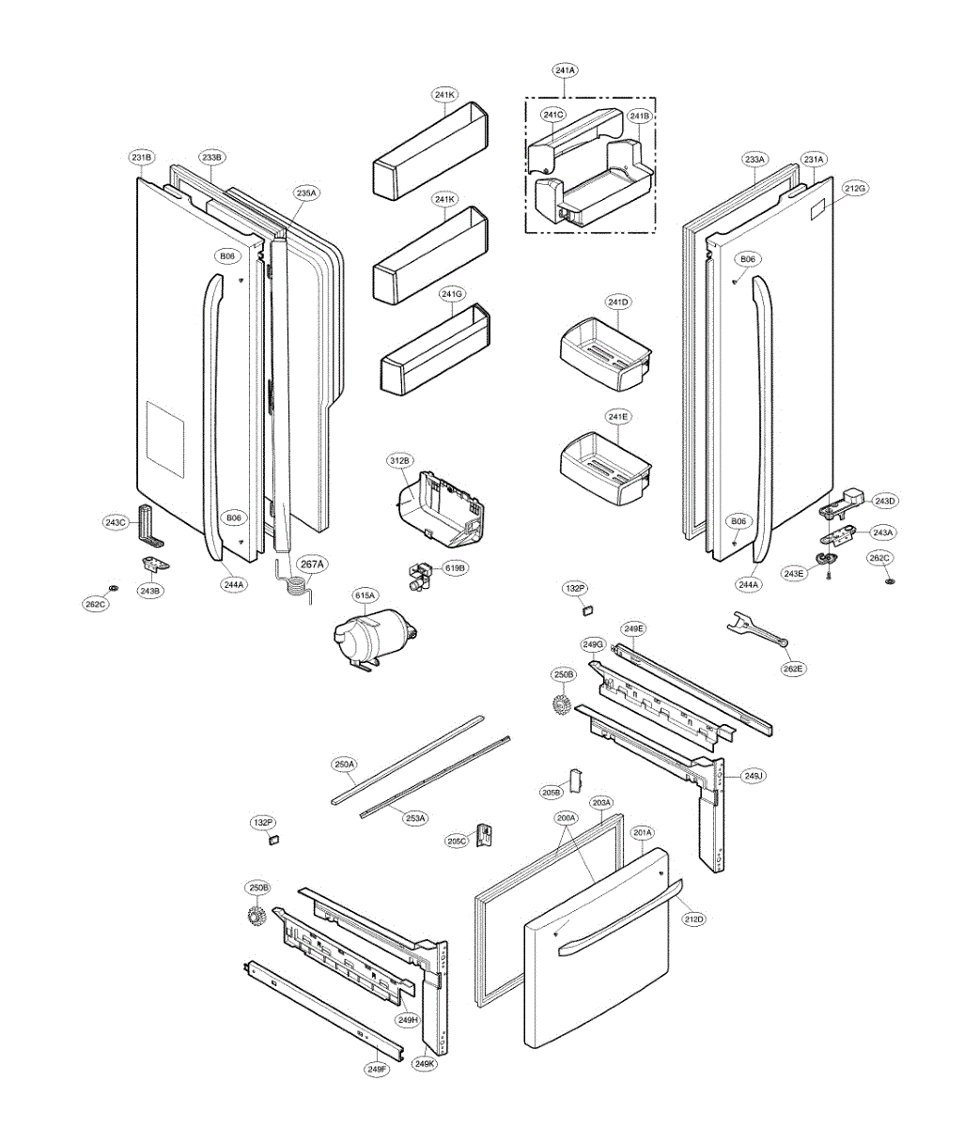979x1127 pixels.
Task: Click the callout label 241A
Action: pyautogui.click(x=565, y=70)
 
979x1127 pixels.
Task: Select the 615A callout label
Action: pyautogui.click(x=365, y=594)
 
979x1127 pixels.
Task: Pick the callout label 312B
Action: pyautogui.click(x=399, y=461)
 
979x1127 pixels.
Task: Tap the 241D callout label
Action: pyautogui.click(x=617, y=302)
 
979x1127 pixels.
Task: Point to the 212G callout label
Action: pyautogui.click(x=855, y=189)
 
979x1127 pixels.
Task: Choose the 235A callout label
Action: pyautogui.click(x=306, y=193)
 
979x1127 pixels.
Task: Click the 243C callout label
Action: pyautogui.click(x=116, y=522)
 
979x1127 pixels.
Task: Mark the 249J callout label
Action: pyautogui.click(x=754, y=776)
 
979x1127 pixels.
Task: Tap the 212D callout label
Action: pyautogui.click(x=693, y=919)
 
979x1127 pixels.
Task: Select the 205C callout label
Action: pyautogui.click(x=457, y=841)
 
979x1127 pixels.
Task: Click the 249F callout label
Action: pyautogui.click(x=377, y=1069)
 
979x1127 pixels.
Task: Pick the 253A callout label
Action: pyautogui.click(x=415, y=818)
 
